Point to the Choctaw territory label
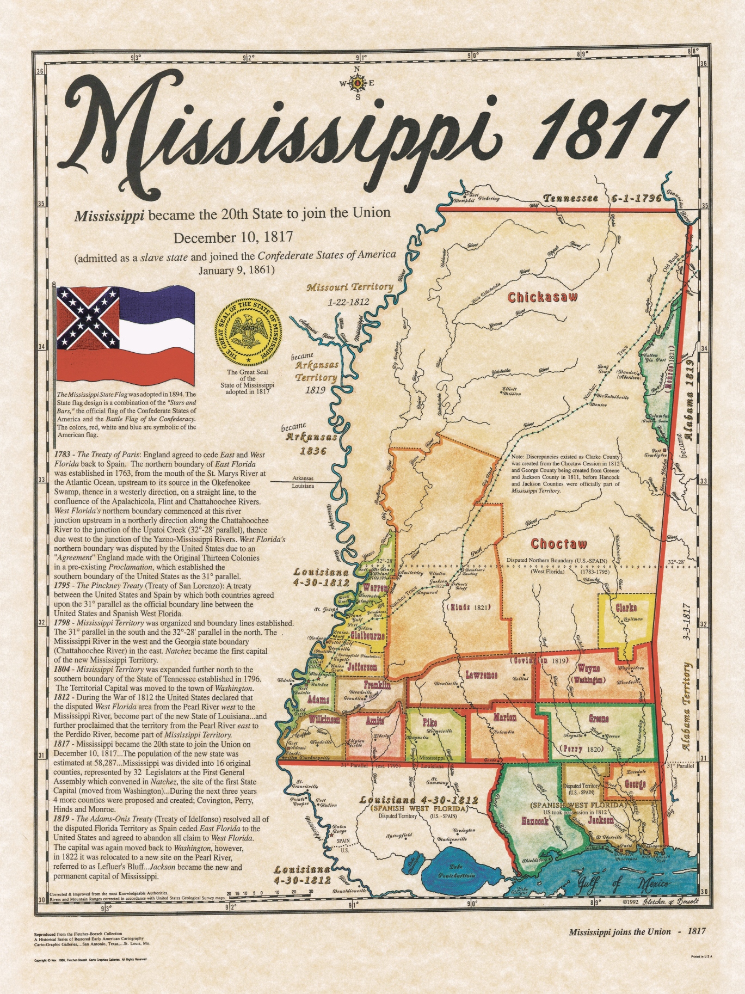click(559, 544)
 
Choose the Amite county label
click(372, 722)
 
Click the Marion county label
click(504, 718)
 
